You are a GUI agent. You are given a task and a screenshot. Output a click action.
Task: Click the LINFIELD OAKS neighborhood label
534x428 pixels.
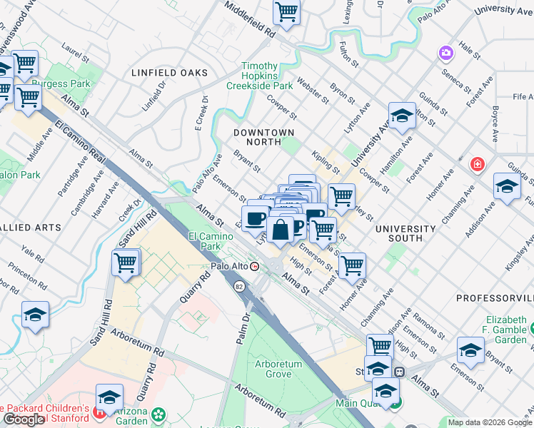click(169, 73)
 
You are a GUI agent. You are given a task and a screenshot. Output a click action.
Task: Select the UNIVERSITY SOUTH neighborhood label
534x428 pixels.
click(405, 235)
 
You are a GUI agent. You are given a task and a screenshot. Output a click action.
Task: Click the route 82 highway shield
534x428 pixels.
click(238, 285)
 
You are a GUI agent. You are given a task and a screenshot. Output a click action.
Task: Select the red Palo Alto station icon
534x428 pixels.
click(254, 266)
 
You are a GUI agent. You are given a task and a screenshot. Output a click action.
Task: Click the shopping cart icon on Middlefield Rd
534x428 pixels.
click(286, 11)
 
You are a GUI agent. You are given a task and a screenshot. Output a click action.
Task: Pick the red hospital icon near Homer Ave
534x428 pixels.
click(476, 165)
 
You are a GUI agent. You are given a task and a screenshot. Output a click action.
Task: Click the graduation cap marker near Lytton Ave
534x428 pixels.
click(402, 116)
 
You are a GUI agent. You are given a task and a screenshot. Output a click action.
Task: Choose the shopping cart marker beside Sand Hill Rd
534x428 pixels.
click(126, 263)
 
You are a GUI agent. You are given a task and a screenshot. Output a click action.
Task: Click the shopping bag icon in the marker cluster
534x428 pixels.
click(281, 229)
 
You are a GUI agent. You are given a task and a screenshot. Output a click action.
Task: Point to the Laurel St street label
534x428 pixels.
click(74, 52)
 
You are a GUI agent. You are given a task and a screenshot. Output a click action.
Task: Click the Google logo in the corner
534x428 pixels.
click(24, 419)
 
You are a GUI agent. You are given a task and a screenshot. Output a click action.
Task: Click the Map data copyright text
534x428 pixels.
click(489, 422)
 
